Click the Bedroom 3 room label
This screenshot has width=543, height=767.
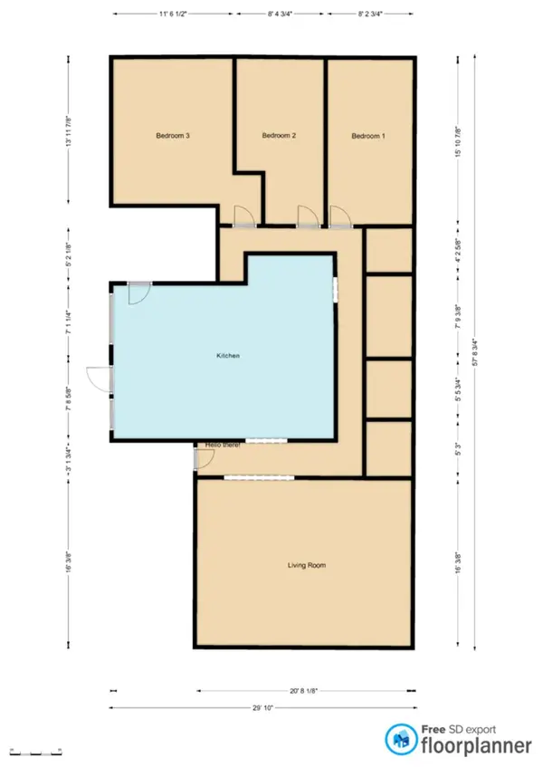pyautogui.click(x=172, y=136)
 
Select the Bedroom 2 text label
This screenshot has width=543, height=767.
pyautogui.click(x=279, y=136)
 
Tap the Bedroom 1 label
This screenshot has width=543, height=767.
pyautogui.click(x=368, y=136)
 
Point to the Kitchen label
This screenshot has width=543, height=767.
pyautogui.click(x=227, y=357)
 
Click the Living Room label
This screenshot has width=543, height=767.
pyautogui.click(x=306, y=565)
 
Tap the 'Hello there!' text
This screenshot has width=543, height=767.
pyautogui.click(x=224, y=446)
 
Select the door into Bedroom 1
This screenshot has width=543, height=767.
pyautogui.click(x=340, y=215)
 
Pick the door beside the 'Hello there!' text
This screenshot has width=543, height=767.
pyautogui.click(x=205, y=460)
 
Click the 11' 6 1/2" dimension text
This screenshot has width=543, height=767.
pyautogui.click(x=172, y=15)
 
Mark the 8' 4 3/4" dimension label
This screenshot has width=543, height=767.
pyautogui.click(x=281, y=15)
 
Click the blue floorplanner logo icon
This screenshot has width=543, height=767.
pyautogui.click(x=398, y=738)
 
